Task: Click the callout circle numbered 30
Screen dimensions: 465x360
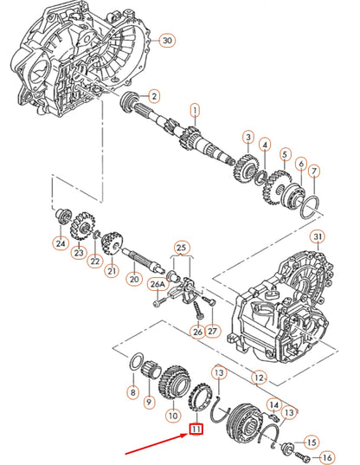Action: click(x=167, y=40)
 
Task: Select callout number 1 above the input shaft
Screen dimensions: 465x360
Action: click(x=195, y=110)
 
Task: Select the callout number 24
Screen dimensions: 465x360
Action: click(x=61, y=243)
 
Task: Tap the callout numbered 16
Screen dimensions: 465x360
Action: click(x=325, y=456)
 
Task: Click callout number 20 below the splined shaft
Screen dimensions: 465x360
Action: click(x=133, y=279)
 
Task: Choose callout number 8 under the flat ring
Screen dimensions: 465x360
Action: click(x=132, y=392)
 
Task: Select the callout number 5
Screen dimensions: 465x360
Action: click(x=284, y=156)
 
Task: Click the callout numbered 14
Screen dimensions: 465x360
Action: click(x=274, y=404)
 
